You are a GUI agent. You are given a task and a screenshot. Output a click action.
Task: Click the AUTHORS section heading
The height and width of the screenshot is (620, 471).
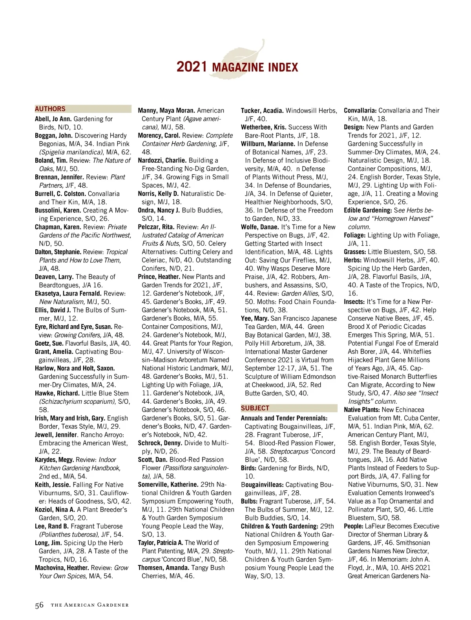click(x=50, y=109)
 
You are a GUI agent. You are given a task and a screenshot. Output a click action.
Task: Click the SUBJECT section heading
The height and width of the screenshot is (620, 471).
click(x=255, y=408)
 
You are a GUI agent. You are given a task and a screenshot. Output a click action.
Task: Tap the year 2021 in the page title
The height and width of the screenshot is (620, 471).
click(x=192, y=67)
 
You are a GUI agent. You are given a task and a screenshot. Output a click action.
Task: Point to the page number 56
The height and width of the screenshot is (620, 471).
click(x=39, y=605)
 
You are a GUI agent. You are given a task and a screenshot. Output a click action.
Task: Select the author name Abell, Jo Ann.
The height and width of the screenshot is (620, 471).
click(x=53, y=119)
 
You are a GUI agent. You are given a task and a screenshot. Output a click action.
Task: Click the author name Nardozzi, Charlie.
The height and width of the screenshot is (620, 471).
click(x=162, y=160)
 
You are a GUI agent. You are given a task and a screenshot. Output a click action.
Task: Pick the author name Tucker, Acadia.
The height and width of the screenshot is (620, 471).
click(x=262, y=111)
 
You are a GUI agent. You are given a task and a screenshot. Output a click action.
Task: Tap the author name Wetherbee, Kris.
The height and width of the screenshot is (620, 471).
click(x=263, y=127)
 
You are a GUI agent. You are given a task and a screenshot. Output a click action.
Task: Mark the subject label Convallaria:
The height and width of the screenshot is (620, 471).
click(x=360, y=111)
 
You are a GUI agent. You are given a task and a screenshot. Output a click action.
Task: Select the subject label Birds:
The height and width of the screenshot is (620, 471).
click(x=248, y=468)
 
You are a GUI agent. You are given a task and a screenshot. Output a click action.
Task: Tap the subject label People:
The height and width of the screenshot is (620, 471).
click(x=353, y=526)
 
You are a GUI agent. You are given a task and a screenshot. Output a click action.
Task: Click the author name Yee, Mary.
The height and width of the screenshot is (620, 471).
click(x=255, y=318)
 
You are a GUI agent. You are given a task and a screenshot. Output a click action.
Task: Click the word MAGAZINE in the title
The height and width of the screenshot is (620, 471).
click(x=238, y=67)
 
